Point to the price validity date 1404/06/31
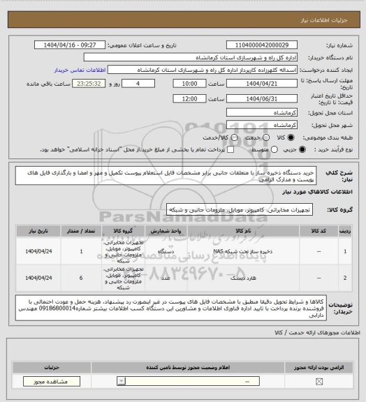coord(267,98)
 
